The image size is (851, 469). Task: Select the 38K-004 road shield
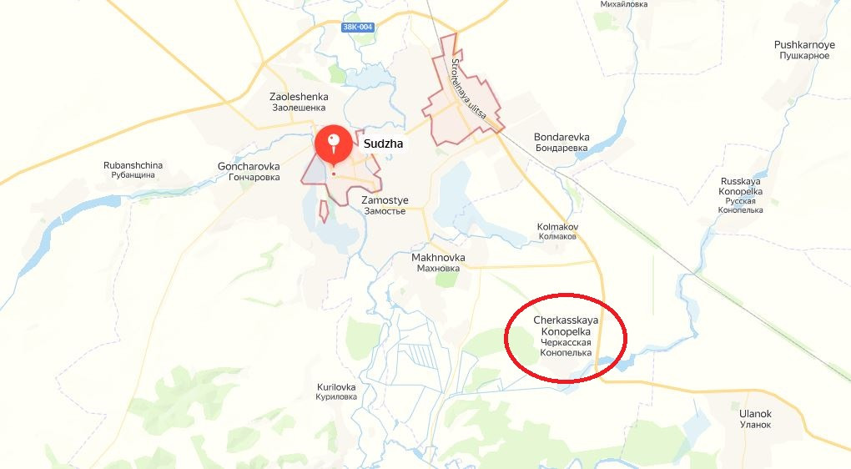[358, 28]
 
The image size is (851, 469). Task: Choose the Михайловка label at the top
[624, 4]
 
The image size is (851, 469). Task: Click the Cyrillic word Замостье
[385, 211]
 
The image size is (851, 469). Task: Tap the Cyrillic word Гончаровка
[248, 178]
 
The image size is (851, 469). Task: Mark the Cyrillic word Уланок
[755, 425]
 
